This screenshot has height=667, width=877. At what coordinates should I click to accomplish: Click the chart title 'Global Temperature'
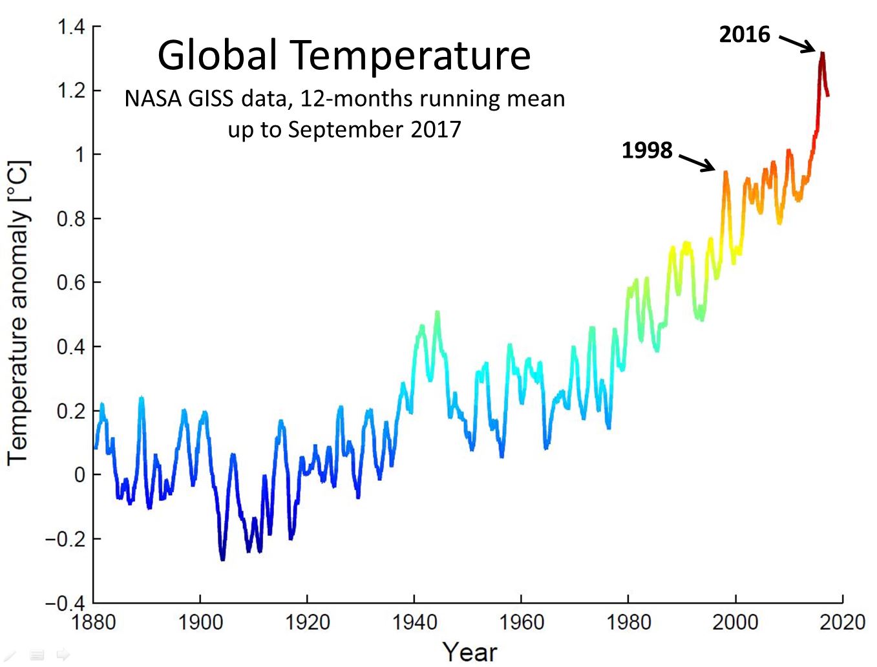344,56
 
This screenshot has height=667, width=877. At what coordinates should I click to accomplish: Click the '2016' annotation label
745,34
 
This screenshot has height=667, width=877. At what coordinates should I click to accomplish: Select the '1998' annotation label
647,151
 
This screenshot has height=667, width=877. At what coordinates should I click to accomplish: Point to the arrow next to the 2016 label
798,43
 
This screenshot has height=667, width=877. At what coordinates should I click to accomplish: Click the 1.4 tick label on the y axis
70,27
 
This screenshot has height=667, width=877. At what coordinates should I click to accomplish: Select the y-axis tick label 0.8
70,219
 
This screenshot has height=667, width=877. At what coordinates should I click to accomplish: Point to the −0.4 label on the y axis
65,603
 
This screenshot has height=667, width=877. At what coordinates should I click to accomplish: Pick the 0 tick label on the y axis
79,475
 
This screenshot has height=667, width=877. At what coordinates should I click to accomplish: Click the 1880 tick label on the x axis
93,622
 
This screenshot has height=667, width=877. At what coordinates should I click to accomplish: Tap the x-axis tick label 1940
414,622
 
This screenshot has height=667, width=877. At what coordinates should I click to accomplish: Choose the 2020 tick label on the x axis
842,622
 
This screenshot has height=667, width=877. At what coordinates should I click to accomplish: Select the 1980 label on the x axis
628,622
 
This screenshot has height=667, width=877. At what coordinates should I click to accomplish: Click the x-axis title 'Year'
469,651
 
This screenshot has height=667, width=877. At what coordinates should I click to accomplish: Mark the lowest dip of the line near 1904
223,558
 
